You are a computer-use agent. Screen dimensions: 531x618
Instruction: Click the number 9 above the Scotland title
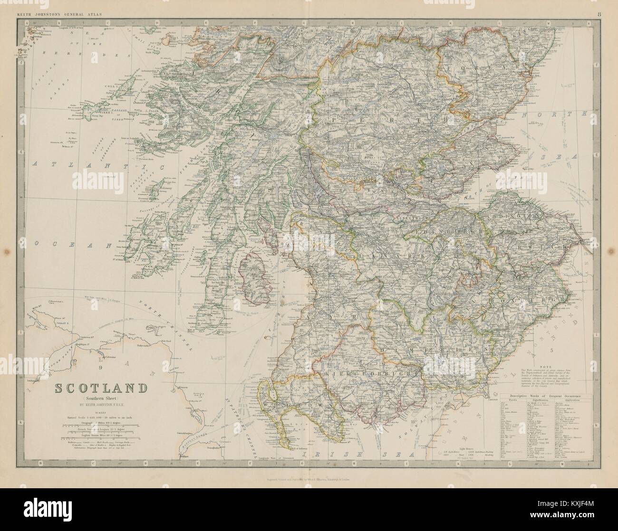coord(101,367)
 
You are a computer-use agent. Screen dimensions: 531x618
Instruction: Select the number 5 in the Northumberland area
coord(552,351)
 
